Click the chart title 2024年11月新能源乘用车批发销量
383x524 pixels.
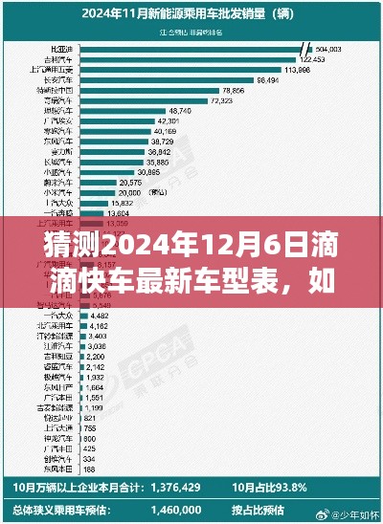click(191, 13)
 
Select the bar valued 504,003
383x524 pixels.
click(191, 48)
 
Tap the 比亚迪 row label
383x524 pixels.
click(59, 48)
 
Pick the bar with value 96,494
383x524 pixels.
click(163, 80)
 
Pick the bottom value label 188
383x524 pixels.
click(89, 469)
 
